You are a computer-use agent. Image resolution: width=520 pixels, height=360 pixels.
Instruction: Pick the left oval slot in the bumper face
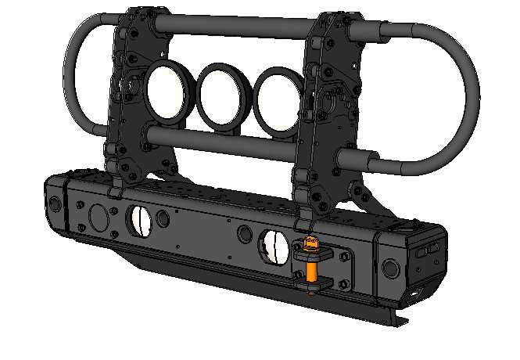pos(140,221)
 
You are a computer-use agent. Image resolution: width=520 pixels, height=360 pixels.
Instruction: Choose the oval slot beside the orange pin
pos(274,247)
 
